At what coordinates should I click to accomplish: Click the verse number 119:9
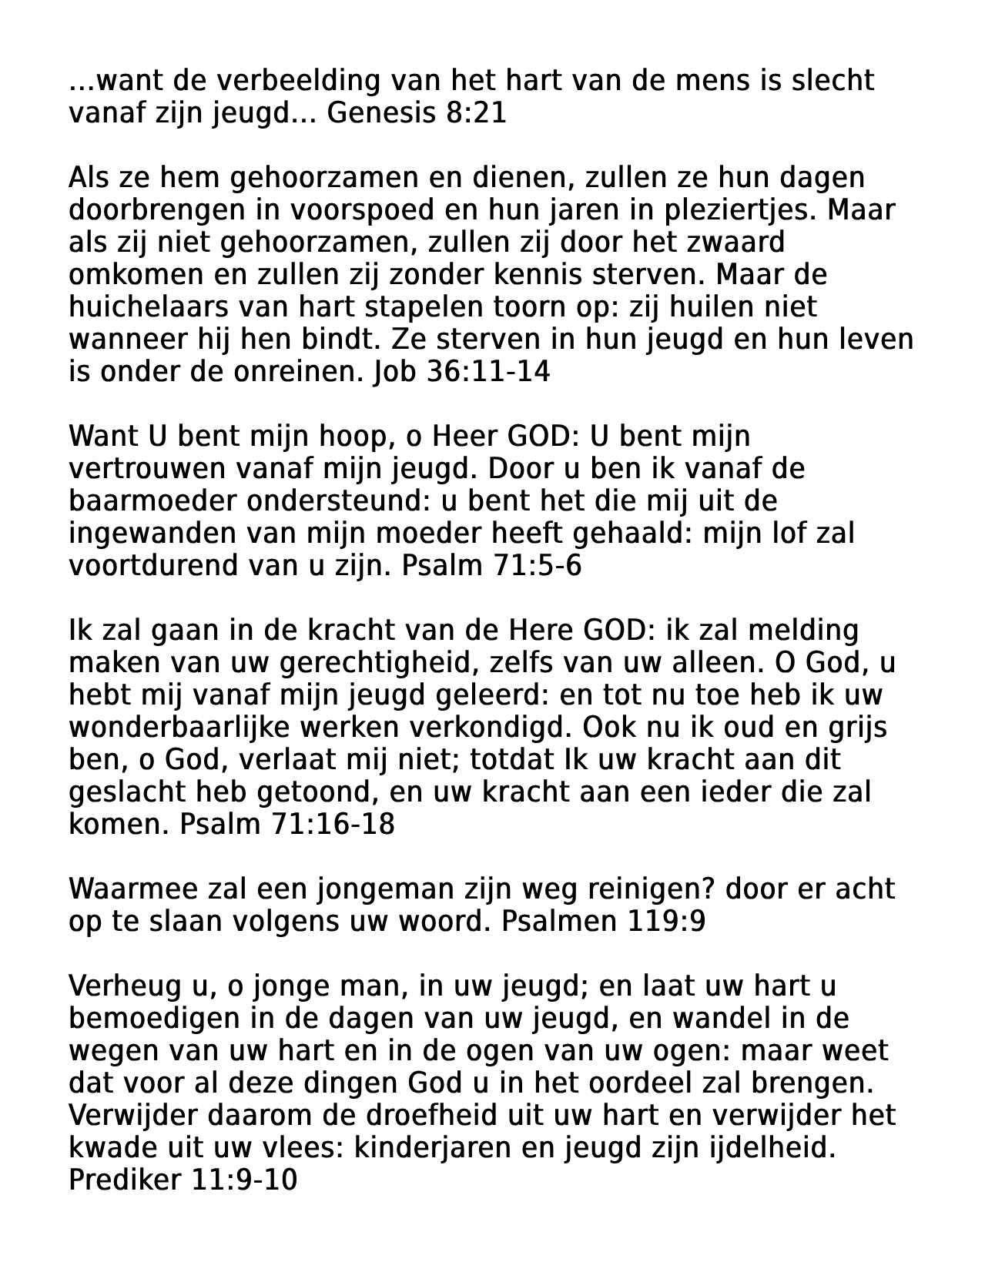[666, 921]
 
